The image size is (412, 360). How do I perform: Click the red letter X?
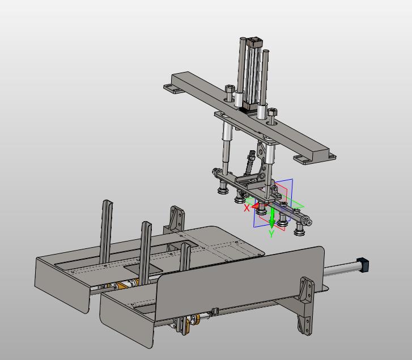pos(247,208)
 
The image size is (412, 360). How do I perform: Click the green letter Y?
pos(271,234)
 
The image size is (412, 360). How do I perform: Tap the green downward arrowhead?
pos(272,223)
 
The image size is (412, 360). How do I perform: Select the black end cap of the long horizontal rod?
pos(363,265)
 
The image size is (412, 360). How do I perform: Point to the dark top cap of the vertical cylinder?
pos(254,42)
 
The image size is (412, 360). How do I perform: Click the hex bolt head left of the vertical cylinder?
pos(230,90)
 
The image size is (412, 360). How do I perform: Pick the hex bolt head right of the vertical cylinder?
pos(273,112)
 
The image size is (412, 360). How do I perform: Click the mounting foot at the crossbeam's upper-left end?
pos(173,89)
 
